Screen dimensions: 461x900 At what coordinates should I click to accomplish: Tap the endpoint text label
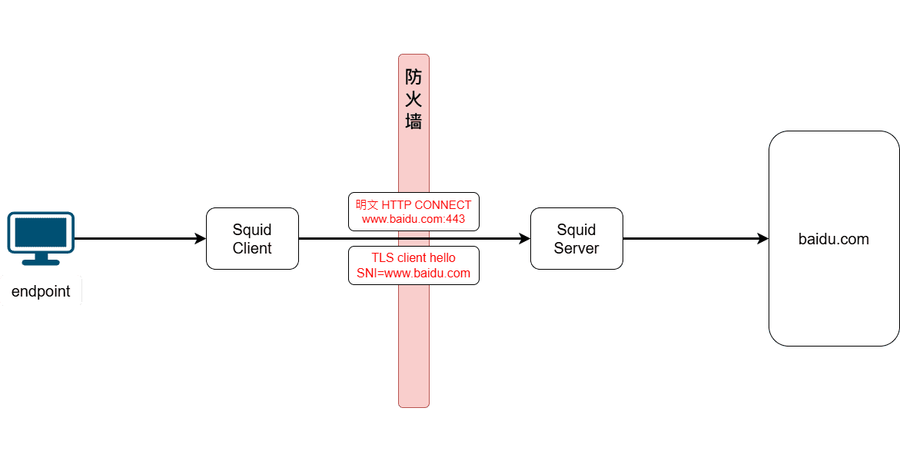41,292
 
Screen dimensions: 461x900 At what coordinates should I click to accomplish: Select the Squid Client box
252,238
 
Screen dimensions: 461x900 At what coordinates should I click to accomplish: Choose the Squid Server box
576,238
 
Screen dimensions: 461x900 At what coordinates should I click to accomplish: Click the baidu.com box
834,239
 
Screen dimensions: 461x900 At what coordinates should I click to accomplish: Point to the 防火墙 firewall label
413,99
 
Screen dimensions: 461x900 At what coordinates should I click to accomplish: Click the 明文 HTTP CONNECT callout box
413,211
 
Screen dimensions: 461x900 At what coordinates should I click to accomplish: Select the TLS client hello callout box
413,265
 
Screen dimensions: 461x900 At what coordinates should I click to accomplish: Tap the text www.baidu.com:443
413,219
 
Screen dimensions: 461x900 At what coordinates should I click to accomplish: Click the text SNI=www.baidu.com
413,274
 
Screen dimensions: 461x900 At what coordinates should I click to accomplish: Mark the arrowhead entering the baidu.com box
762,239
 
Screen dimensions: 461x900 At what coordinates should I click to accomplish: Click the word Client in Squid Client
252,248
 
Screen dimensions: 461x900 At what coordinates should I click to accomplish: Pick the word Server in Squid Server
576,248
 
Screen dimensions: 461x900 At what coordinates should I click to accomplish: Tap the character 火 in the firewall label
413,99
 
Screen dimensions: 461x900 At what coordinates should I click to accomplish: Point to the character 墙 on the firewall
413,121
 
